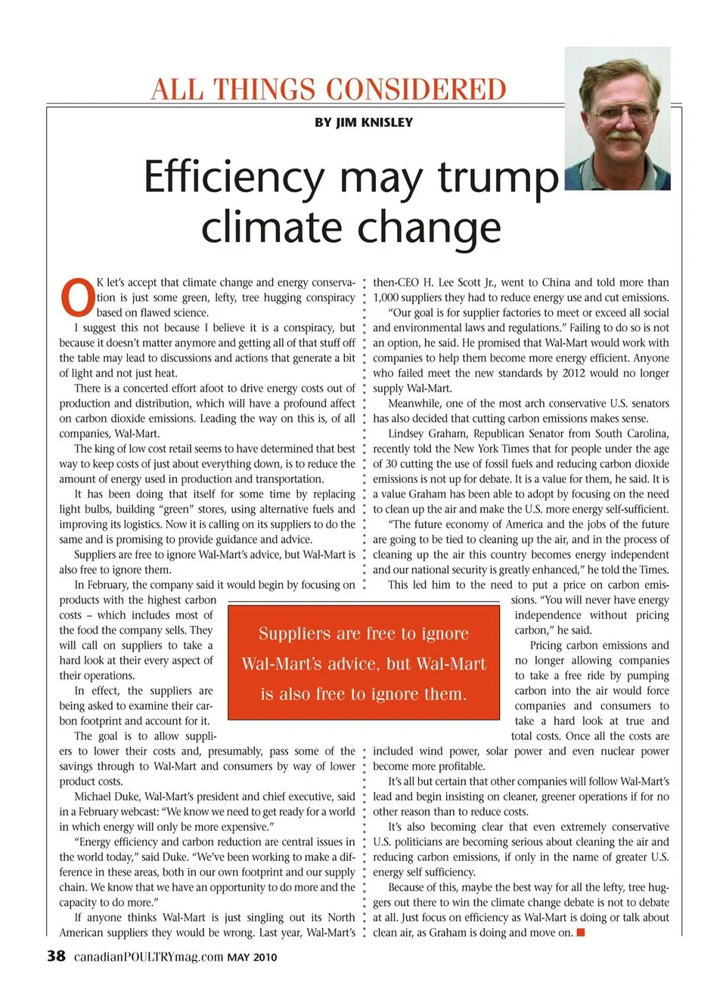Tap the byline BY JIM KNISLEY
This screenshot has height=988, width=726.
tap(364, 122)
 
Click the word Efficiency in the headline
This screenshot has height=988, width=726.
tap(235, 177)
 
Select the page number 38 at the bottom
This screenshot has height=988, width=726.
tap(56, 955)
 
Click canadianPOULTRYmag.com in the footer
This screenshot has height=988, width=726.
tap(148, 956)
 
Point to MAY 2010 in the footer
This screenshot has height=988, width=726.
tap(252, 957)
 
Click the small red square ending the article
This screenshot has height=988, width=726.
tap(581, 932)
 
